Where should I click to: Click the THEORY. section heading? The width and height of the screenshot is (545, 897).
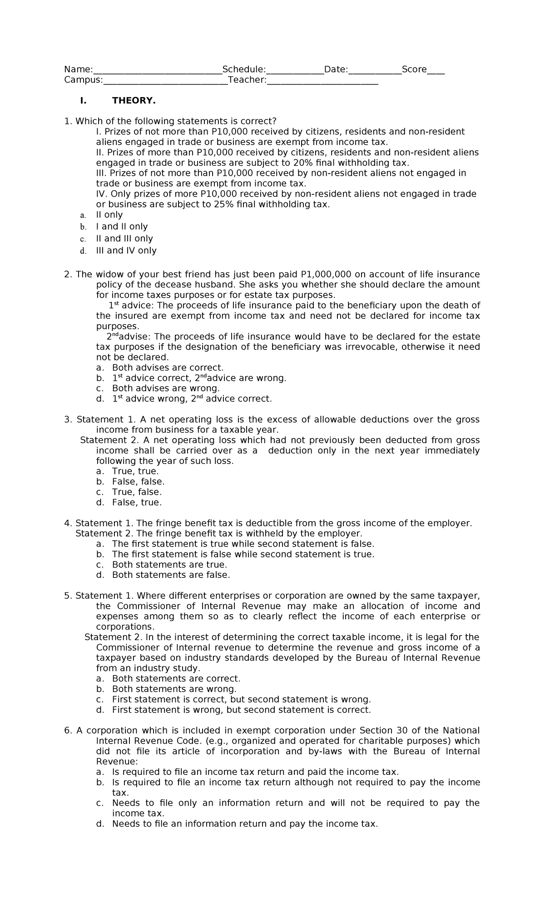pos(134,101)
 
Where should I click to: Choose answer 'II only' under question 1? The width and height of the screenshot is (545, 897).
pos(109,215)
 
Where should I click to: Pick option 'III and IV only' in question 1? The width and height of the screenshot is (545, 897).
pos(126,251)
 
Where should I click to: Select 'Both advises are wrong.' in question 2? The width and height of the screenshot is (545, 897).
pos(166,388)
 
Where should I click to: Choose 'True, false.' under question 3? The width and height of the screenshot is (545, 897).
pos(137,492)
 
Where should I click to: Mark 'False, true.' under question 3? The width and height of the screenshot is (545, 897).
pos(137,503)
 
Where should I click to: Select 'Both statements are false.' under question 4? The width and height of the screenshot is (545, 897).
pos(171,575)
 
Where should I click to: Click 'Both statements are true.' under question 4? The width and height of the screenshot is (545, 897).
pos(169,565)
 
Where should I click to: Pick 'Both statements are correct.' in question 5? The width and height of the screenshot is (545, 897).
pos(176,679)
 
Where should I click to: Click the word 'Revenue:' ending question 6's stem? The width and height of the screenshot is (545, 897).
pos(116,761)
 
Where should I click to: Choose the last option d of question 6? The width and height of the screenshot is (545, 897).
pos(244,824)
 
